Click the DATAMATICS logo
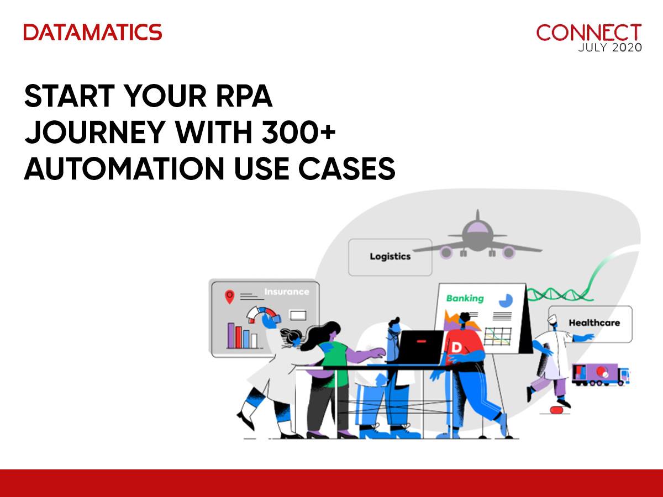point(93,32)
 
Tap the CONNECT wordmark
point(589,33)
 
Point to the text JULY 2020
point(610,47)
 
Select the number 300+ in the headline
point(299,132)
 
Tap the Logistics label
point(390,256)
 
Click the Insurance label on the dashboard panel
point(287,292)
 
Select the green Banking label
point(465,298)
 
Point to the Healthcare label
point(594,323)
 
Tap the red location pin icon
point(229,297)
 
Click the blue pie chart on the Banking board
point(506,300)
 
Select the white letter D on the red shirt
point(456,347)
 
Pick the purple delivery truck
point(601,374)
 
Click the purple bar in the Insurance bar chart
point(231,336)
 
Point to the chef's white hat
point(552,319)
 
